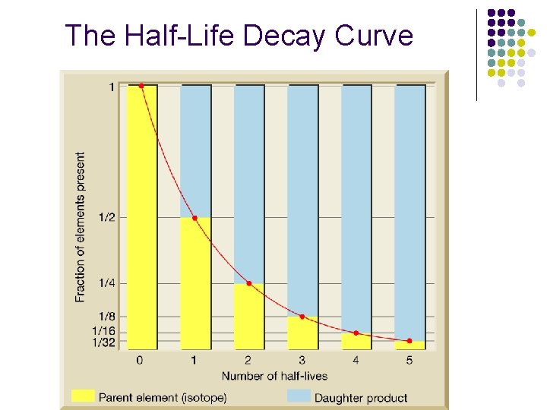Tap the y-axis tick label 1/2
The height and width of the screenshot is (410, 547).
coord(107,217)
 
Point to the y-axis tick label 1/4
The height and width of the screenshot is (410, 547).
coord(107,283)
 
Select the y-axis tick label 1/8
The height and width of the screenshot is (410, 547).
coord(107,317)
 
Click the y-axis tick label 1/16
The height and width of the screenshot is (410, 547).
coord(104,330)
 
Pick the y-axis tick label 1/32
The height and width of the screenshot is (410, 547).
coord(104,342)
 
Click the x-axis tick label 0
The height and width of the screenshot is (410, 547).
coord(140,360)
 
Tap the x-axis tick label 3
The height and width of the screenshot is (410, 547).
coord(302,360)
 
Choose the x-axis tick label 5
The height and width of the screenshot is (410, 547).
coord(409,360)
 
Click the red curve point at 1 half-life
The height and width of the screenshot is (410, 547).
coord(195,218)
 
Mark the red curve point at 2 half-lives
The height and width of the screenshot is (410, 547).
coord(249,283)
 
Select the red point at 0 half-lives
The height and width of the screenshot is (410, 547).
coord(141,86)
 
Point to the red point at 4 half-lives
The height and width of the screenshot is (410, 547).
coord(356,333)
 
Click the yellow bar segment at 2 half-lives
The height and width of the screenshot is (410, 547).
coord(249,317)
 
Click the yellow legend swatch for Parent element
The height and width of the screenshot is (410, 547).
coord(83,396)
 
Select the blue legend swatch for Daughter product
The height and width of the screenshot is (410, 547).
coord(299,396)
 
